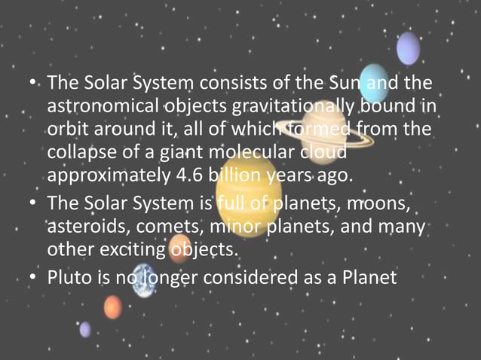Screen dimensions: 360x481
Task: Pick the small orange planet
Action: point(112,307)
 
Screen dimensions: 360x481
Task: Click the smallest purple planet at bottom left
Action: point(85,329)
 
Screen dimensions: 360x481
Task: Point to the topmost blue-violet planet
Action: point(408,47)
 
